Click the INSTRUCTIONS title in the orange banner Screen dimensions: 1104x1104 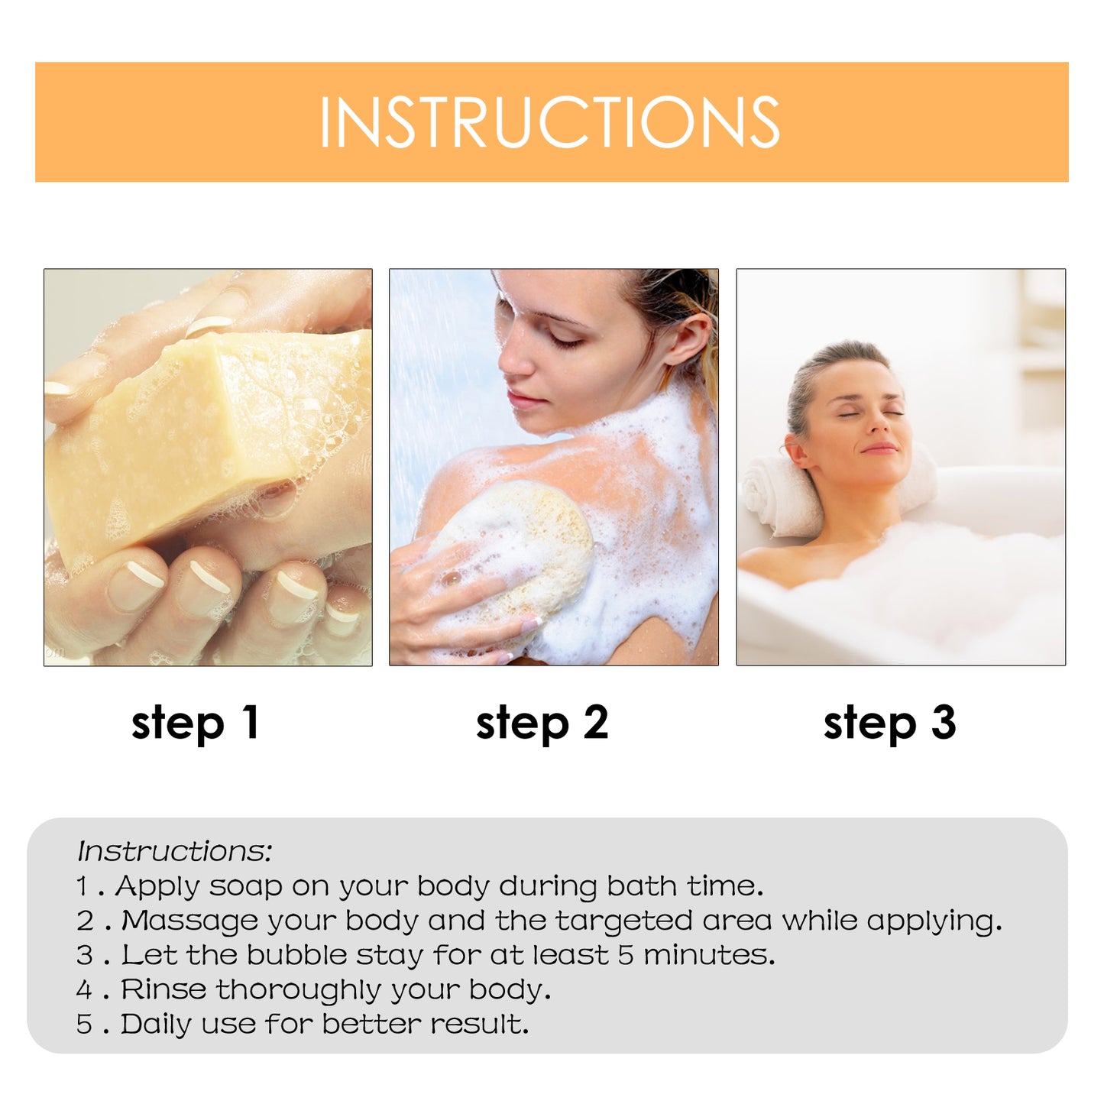click(550, 122)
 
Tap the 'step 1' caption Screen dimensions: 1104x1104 click(196, 724)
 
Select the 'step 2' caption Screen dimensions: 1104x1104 click(542, 724)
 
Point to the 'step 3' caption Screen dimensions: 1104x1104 click(889, 724)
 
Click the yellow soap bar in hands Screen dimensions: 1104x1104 click(176, 435)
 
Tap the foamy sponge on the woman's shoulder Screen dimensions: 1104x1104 click(527, 550)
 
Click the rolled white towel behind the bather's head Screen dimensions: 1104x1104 click(772, 497)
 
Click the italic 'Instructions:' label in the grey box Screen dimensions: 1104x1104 click(174, 851)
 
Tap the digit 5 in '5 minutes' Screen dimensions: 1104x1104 click(626, 955)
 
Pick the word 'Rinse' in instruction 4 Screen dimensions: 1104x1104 click(163, 989)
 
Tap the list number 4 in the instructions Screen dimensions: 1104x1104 click(84, 990)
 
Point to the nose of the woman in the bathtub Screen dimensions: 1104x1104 click(873, 428)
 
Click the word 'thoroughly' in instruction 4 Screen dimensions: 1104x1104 click(299, 990)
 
